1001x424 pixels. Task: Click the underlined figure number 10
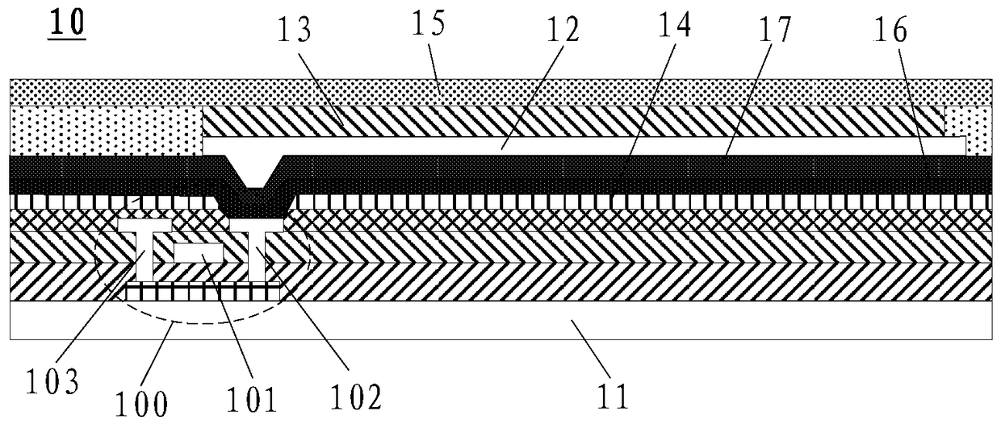tap(67, 23)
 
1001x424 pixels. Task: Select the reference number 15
tap(428, 23)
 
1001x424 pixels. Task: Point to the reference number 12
tap(562, 30)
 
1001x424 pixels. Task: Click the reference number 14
tap(674, 23)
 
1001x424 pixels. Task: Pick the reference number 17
tap(773, 29)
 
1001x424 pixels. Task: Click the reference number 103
tap(52, 381)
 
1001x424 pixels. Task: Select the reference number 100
tap(141, 404)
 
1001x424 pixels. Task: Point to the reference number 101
tap(252, 398)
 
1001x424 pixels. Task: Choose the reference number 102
tap(356, 396)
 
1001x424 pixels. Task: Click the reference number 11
tap(613, 396)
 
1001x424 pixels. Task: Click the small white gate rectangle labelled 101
tap(198, 252)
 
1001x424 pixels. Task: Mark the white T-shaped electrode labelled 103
tap(144, 250)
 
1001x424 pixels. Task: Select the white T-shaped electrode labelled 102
tap(256, 250)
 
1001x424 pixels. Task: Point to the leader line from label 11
tap(590, 348)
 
